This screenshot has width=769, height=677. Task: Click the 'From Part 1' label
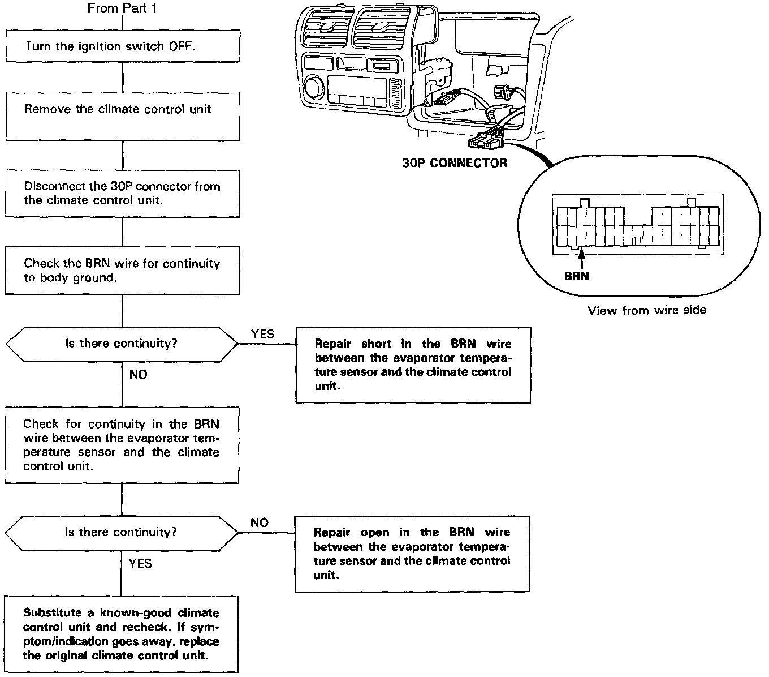pyautogui.click(x=122, y=8)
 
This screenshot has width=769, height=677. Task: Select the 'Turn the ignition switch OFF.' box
pyautogui.click(x=122, y=46)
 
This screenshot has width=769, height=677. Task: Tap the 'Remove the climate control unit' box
pyautogui.click(x=122, y=116)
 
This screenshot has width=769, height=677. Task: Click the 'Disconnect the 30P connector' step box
pyautogui.click(x=122, y=193)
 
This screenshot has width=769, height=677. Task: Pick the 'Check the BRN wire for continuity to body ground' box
pyautogui.click(x=122, y=270)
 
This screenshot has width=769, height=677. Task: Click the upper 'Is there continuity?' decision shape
pyautogui.click(x=122, y=344)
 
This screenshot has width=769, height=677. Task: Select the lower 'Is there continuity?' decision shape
pyautogui.click(x=122, y=532)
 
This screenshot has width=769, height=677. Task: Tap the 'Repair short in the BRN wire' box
pyautogui.click(x=413, y=365)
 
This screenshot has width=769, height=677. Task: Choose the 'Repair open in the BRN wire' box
pyautogui.click(x=412, y=554)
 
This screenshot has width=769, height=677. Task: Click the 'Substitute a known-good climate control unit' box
pyautogui.click(x=122, y=634)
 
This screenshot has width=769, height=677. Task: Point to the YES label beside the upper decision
pyautogui.click(x=263, y=334)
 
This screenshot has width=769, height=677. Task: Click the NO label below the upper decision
pyautogui.click(x=138, y=375)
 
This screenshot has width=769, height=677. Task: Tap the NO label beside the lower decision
pyautogui.click(x=260, y=522)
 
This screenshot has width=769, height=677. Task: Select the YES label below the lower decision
pyautogui.click(x=140, y=563)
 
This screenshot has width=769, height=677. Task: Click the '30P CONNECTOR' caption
pyautogui.click(x=455, y=163)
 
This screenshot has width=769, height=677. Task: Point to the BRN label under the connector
pyautogui.click(x=577, y=276)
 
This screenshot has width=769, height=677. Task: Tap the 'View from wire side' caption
pyautogui.click(x=647, y=310)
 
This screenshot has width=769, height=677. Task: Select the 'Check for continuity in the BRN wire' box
pyautogui.click(x=122, y=445)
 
